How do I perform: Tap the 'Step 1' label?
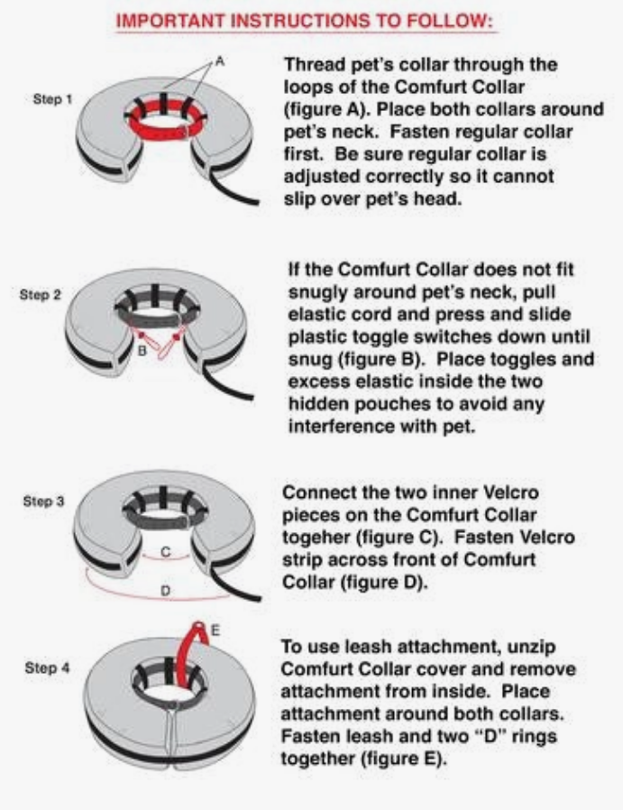53,99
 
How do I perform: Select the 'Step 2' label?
39,294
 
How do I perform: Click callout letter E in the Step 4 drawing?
215,629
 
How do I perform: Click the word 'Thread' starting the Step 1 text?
313,65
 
